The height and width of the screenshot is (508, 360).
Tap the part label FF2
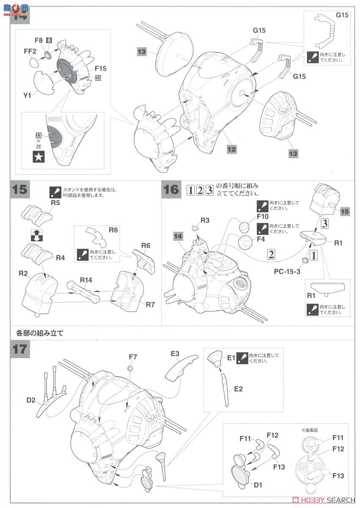(30, 51)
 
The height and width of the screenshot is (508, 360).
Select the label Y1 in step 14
(27, 95)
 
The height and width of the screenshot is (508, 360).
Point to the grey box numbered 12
(231, 149)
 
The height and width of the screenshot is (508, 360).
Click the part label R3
(205, 220)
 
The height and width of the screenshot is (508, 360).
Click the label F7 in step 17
(133, 357)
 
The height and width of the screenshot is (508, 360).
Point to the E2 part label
(238, 389)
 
